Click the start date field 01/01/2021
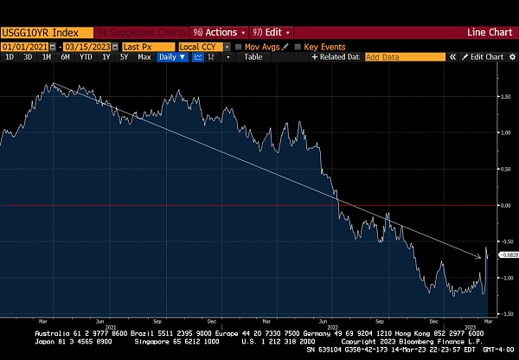coord(24,46)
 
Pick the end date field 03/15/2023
coord(86,46)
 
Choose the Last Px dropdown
coord(144,46)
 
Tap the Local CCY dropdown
coord(201,46)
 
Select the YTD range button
coord(86,57)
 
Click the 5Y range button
coord(124,57)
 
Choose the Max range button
coord(144,57)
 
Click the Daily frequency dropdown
coord(171,57)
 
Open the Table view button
coord(253,57)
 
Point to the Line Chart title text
coord(490,33)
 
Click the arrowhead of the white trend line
coord(480,256)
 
